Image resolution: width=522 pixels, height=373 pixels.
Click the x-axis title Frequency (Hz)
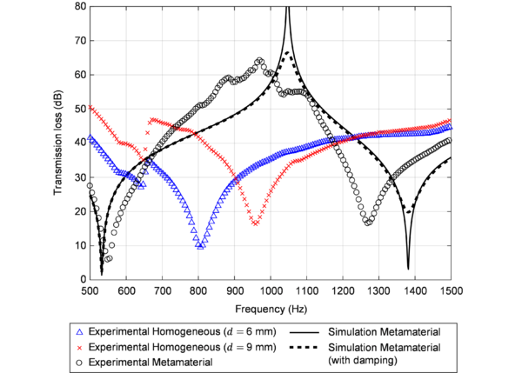[x=270, y=308]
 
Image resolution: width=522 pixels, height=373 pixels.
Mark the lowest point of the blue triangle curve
[x=201, y=246]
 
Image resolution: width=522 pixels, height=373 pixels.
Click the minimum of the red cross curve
[x=256, y=223]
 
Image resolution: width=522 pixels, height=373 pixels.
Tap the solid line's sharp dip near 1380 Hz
[x=408, y=268]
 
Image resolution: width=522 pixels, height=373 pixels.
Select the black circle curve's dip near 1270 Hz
[x=368, y=223]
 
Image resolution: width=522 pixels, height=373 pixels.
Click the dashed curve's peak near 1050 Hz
[x=288, y=53]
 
